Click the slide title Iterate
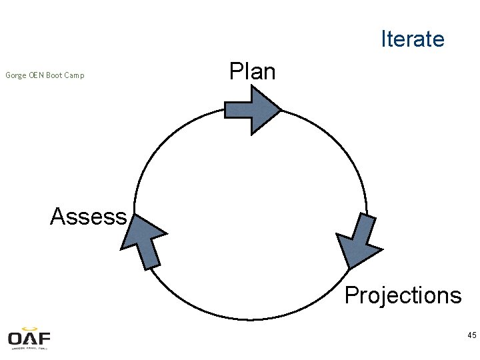[412, 39]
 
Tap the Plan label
[252, 71]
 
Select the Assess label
[88, 216]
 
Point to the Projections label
[403, 295]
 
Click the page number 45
[471, 335]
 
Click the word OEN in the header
[37, 75]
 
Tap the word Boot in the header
[55, 75]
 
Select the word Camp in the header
[74, 75]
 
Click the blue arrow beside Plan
[251, 109]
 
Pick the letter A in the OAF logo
[30, 338]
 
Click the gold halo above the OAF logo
[29, 328]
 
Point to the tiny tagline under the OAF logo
[29, 348]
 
